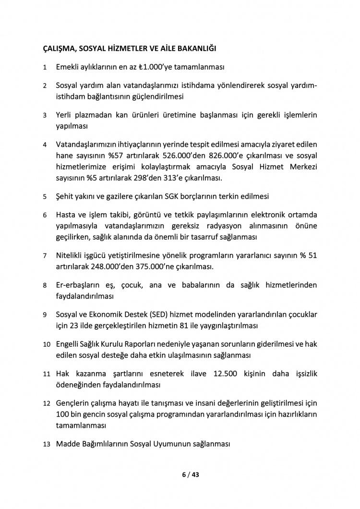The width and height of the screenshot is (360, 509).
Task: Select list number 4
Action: click(45, 145)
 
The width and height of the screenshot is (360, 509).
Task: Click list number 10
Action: click(47, 345)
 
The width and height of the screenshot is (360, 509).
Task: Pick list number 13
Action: click(47, 445)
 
